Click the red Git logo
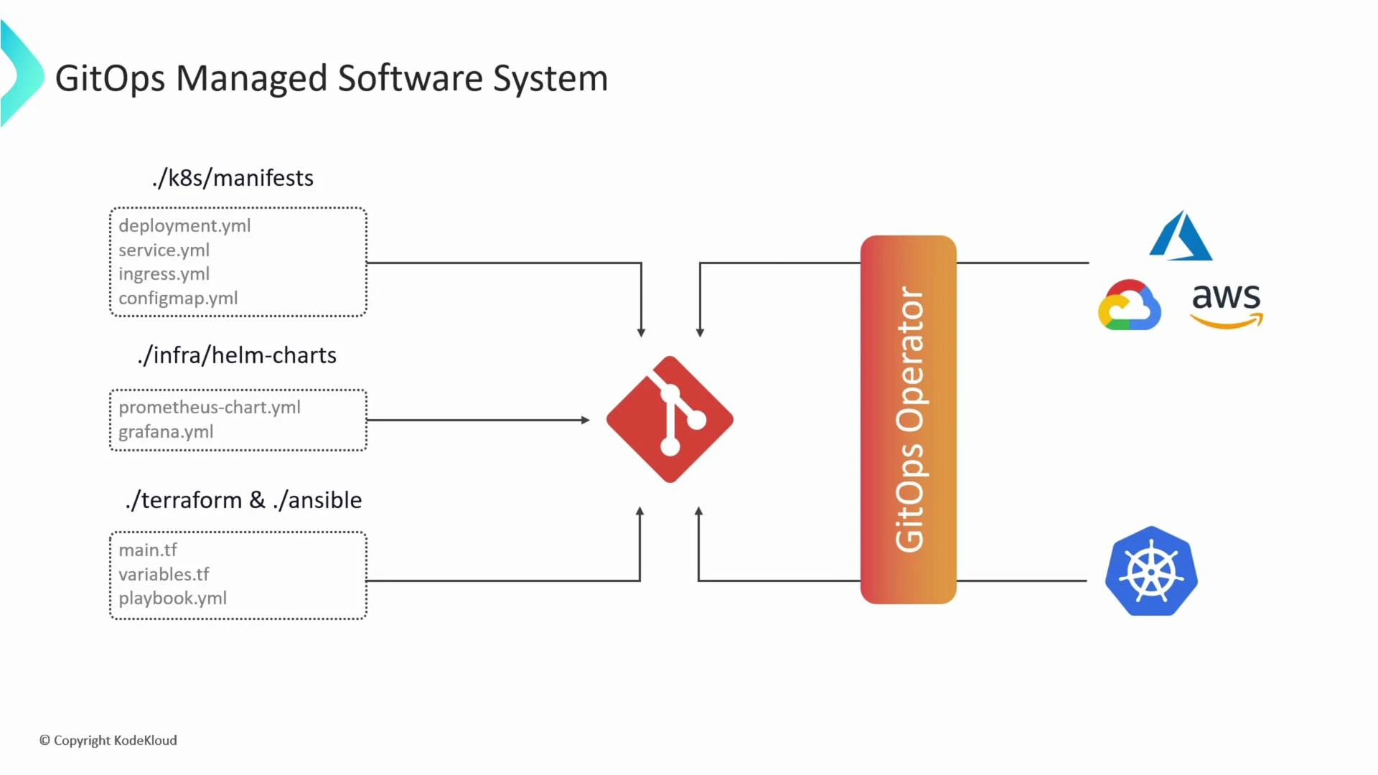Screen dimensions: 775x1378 (670, 419)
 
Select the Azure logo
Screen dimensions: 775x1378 (1181, 237)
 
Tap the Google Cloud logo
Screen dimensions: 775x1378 (1129, 306)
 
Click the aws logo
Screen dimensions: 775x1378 (1227, 305)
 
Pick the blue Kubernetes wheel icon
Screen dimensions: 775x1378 (1151, 572)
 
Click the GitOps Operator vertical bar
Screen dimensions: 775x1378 (908, 420)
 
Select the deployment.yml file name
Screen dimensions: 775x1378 (184, 226)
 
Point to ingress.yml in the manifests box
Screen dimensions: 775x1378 (164, 274)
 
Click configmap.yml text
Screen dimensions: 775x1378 (178, 299)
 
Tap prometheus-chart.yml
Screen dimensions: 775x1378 (210, 408)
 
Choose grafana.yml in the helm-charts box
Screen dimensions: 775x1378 (166, 432)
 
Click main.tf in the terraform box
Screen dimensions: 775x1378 (148, 550)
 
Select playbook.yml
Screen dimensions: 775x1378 (172, 598)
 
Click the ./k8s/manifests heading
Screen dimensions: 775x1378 (233, 178)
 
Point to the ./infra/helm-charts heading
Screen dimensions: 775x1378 (237, 355)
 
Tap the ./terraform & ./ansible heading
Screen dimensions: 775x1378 (243, 500)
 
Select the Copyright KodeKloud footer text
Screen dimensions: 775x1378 (108, 741)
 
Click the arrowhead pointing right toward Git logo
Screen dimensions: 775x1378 (586, 420)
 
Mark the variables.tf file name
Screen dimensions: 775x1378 (164, 575)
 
